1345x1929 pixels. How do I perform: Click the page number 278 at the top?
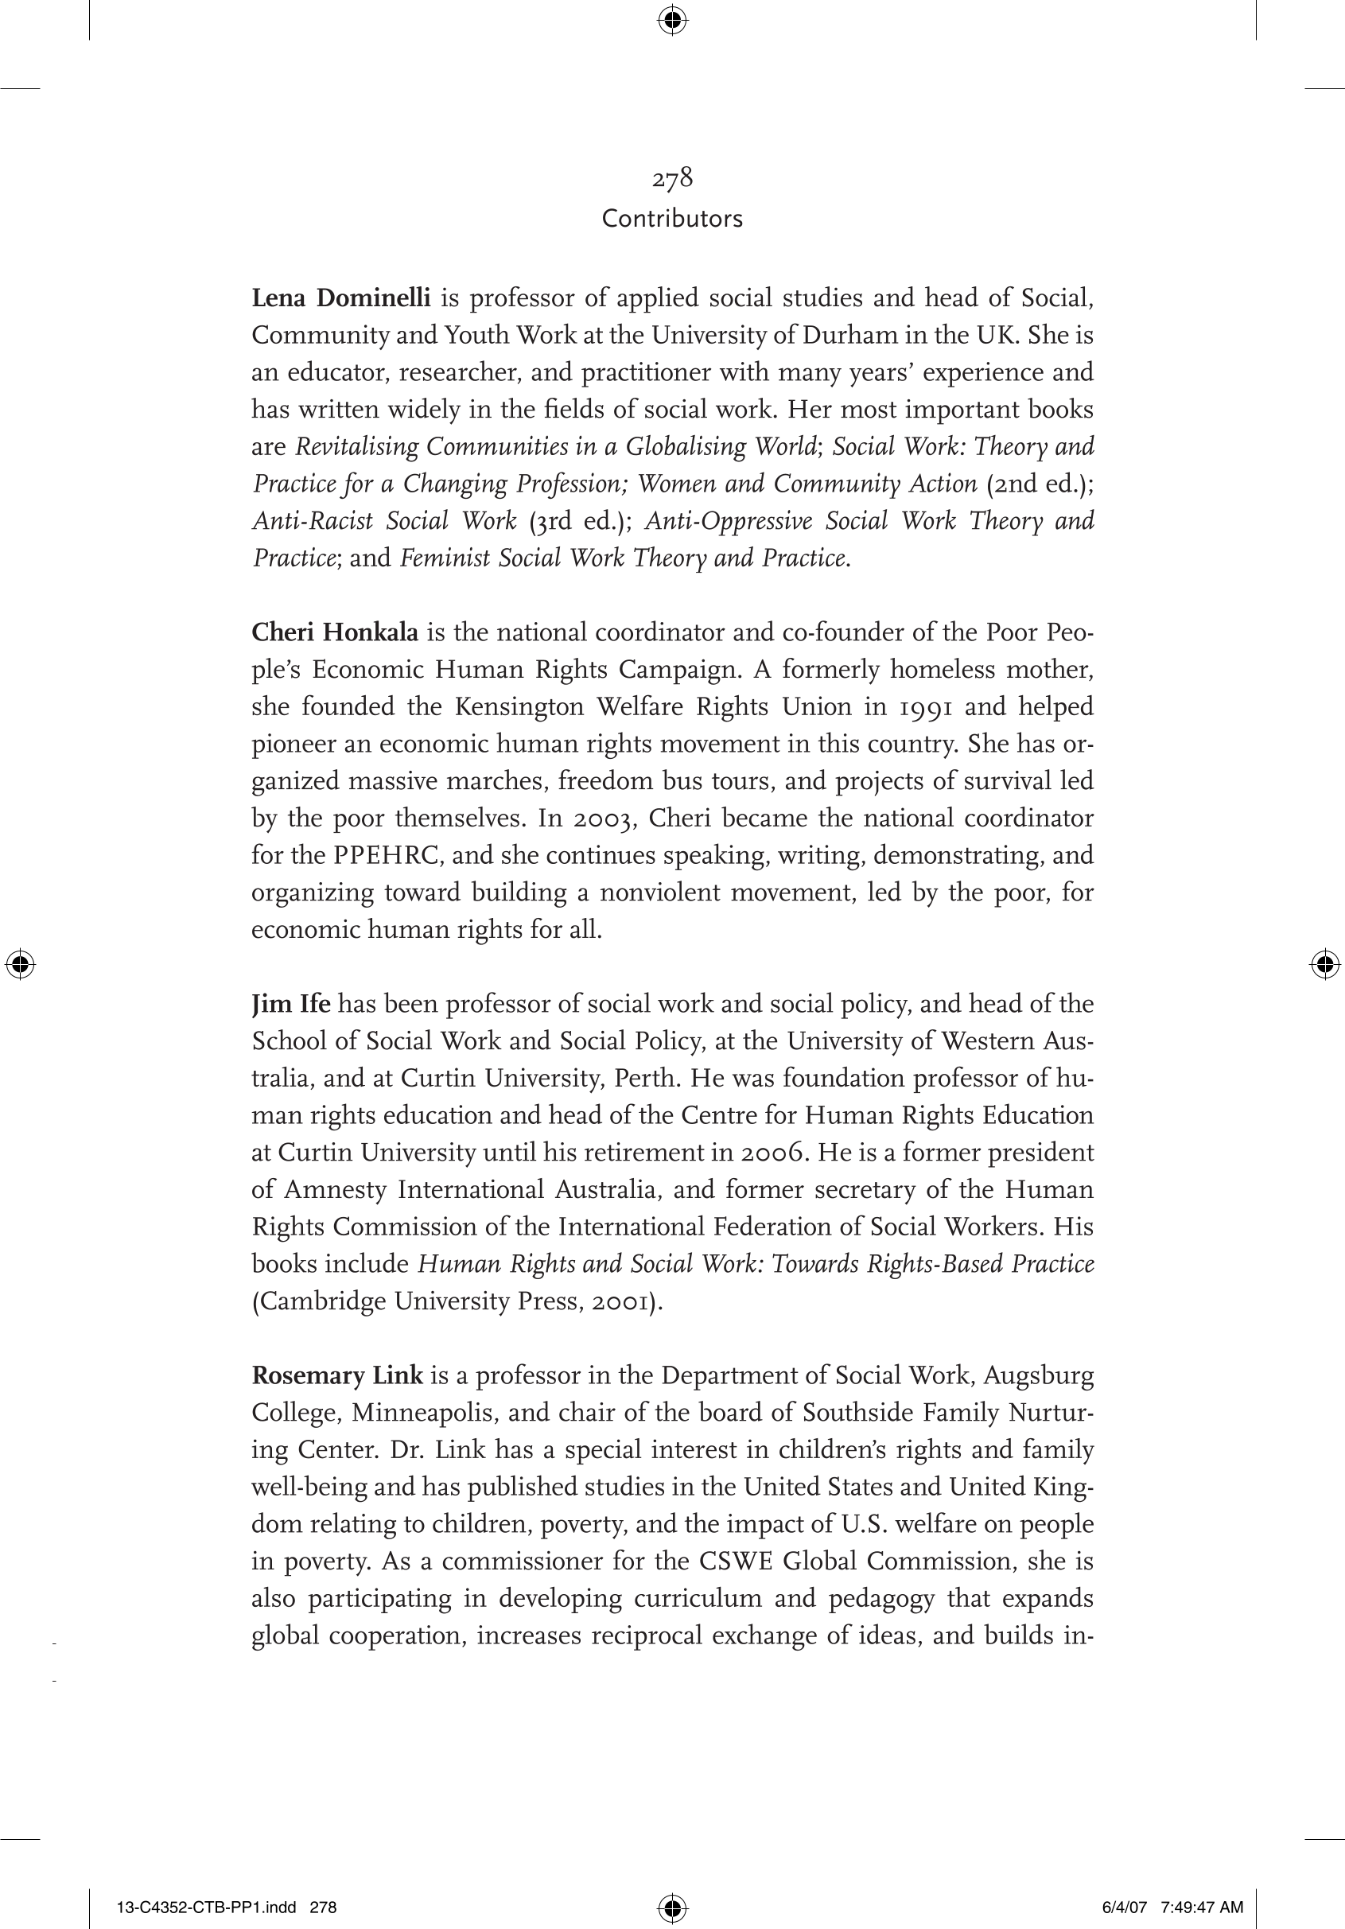[x=672, y=178]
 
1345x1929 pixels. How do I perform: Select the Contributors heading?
[x=672, y=219]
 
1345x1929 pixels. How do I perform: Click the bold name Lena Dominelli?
[x=341, y=298]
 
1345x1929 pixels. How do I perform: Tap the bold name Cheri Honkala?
[x=334, y=632]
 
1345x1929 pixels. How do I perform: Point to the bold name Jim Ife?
[x=290, y=1004]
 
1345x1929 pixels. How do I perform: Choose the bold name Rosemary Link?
[x=337, y=1375]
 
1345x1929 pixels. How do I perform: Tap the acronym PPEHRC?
[x=387, y=855]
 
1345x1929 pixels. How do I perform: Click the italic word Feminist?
[x=445, y=558]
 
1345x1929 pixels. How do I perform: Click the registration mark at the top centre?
[x=672, y=19]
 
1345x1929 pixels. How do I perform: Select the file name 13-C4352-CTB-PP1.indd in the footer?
[x=206, y=1908]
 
